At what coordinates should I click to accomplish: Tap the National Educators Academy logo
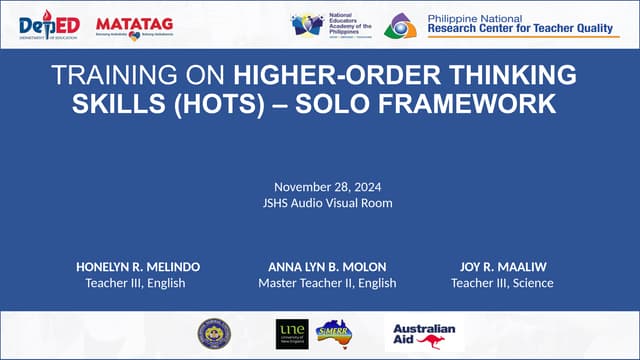click(331, 26)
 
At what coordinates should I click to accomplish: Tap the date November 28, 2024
click(320, 187)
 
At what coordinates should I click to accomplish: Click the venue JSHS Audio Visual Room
click(320, 204)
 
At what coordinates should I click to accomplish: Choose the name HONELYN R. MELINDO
click(138, 267)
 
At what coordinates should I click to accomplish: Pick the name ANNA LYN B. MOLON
click(327, 267)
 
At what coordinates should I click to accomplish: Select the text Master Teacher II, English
click(327, 283)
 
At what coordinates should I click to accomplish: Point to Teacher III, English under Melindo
click(138, 283)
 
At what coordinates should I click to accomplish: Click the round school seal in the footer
click(213, 334)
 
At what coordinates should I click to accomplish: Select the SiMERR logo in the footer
click(333, 335)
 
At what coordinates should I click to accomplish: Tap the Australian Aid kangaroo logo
click(424, 335)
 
